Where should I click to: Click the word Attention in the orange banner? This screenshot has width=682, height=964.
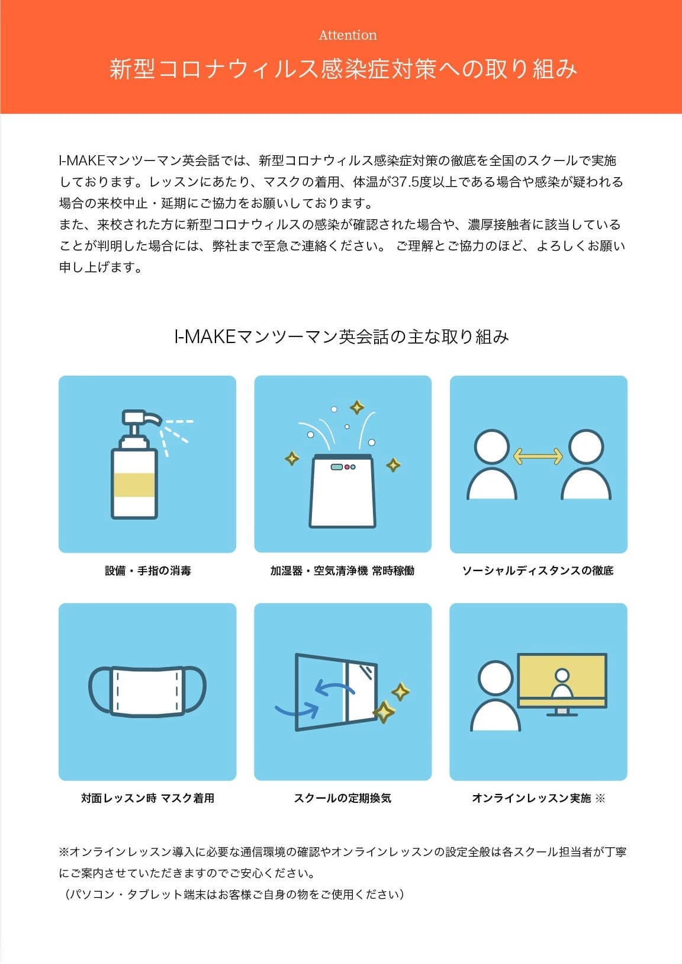[348, 35]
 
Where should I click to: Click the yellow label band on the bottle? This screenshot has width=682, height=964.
[134, 485]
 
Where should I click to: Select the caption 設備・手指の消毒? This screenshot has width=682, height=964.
[147, 571]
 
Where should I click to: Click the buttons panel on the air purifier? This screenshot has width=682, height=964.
[343, 467]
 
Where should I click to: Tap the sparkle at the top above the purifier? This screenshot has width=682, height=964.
[356, 408]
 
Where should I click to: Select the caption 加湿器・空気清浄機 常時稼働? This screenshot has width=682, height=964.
[342, 571]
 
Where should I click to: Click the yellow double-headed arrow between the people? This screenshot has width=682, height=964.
[538, 456]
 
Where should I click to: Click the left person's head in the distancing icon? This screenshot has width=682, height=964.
[492, 447]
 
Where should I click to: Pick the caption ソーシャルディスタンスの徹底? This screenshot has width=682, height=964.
[538, 571]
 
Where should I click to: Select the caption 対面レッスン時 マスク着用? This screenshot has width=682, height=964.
[147, 798]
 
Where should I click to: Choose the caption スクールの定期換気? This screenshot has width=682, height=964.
[342, 798]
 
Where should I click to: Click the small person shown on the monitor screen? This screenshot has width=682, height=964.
[562, 684]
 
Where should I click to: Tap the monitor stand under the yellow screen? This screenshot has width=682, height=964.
[562, 712]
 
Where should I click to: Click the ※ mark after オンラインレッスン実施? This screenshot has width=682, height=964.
[600, 798]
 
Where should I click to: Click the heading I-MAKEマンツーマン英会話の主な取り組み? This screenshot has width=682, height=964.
[342, 337]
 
